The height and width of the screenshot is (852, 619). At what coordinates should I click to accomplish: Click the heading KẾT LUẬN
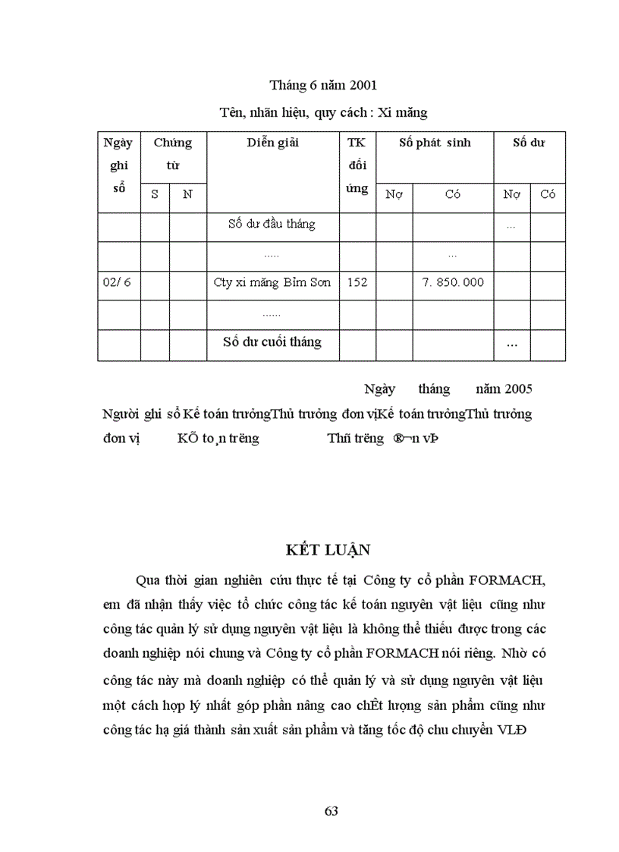click(331, 549)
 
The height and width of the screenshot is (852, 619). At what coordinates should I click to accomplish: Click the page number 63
click(331, 811)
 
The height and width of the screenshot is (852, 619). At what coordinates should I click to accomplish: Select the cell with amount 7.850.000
click(453, 282)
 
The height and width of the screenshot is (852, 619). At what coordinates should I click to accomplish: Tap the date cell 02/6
click(117, 282)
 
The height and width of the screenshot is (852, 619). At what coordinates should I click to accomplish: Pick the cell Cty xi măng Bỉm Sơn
click(272, 282)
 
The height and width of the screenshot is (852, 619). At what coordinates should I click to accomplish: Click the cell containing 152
click(357, 282)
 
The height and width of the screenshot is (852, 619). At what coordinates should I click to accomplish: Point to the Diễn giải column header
click(272, 143)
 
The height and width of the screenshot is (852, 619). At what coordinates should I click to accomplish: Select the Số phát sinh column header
click(435, 143)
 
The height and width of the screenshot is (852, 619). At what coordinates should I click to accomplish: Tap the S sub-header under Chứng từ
click(155, 194)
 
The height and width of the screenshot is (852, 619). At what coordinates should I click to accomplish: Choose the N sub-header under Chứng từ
click(187, 194)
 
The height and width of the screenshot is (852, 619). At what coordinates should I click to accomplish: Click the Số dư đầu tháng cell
click(272, 224)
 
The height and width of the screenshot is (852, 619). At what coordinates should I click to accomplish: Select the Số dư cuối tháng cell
click(272, 342)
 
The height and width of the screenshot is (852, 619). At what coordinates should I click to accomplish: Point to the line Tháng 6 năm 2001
click(323, 85)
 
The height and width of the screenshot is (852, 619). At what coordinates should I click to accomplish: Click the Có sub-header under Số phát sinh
click(453, 194)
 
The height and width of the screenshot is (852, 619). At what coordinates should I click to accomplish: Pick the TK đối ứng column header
click(357, 165)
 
